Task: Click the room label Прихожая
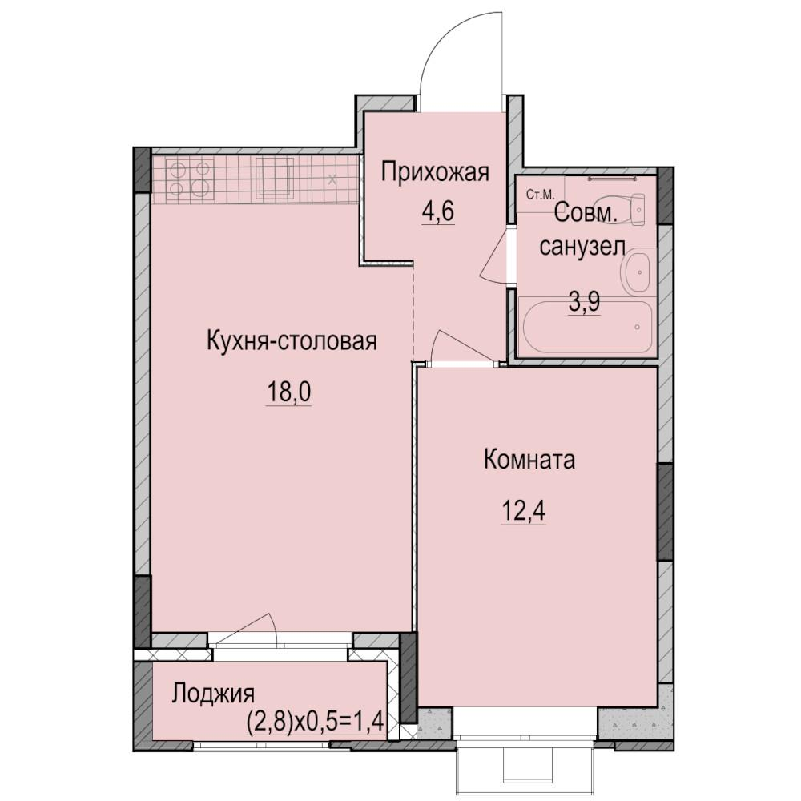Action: coord(435,173)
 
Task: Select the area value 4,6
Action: coord(438,211)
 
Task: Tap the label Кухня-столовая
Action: coord(292,340)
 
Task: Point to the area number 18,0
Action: coord(288,392)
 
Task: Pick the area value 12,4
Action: coord(523,511)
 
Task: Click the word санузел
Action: coord(582,248)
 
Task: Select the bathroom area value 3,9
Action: coord(585,303)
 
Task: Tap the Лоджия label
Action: coord(212,694)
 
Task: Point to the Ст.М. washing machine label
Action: coord(540,195)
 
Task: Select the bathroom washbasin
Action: coord(635,272)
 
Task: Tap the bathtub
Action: coord(586,325)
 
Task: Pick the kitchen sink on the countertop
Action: coord(276,177)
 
